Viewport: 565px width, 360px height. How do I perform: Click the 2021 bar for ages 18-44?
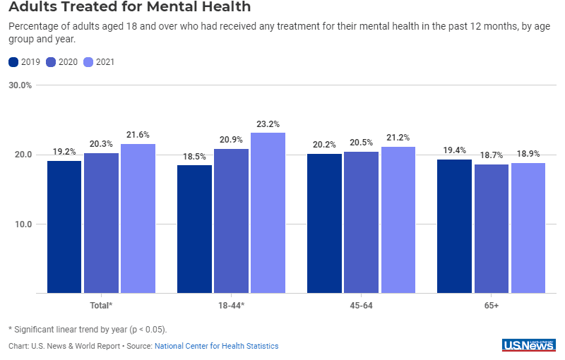coord(268,212)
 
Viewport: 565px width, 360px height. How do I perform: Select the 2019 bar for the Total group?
coord(64,227)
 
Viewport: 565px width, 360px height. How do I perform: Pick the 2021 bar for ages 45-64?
coord(398,220)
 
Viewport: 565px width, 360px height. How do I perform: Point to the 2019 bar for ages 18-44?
coord(194,229)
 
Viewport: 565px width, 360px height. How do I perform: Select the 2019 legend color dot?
coord(13,62)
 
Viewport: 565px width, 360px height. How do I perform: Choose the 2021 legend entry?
coord(100,62)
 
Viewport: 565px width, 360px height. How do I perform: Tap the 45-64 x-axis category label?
coord(361,305)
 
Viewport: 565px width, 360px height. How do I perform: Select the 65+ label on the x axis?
coord(491,305)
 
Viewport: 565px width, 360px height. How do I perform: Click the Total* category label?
coord(101,305)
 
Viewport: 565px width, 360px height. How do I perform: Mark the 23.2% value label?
coord(268,124)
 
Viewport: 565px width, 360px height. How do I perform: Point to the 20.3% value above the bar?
coord(101,144)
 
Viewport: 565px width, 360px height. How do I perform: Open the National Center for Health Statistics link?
coord(216,346)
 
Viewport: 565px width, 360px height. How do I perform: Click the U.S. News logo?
coord(528,344)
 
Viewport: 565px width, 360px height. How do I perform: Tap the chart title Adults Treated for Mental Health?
coord(129,8)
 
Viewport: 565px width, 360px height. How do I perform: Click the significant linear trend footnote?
coord(88,329)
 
